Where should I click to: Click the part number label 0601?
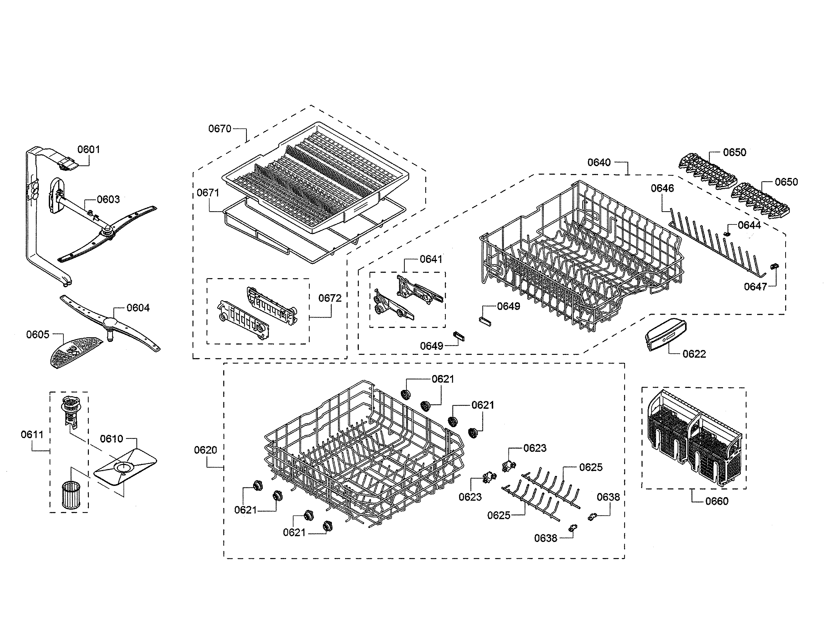point(89,150)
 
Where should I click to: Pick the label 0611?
point(32,435)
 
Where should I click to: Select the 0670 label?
point(220,129)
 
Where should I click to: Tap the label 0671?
point(208,193)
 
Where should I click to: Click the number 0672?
point(330,298)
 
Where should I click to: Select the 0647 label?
point(755,287)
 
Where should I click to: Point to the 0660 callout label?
point(717,501)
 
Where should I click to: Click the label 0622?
point(694,354)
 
